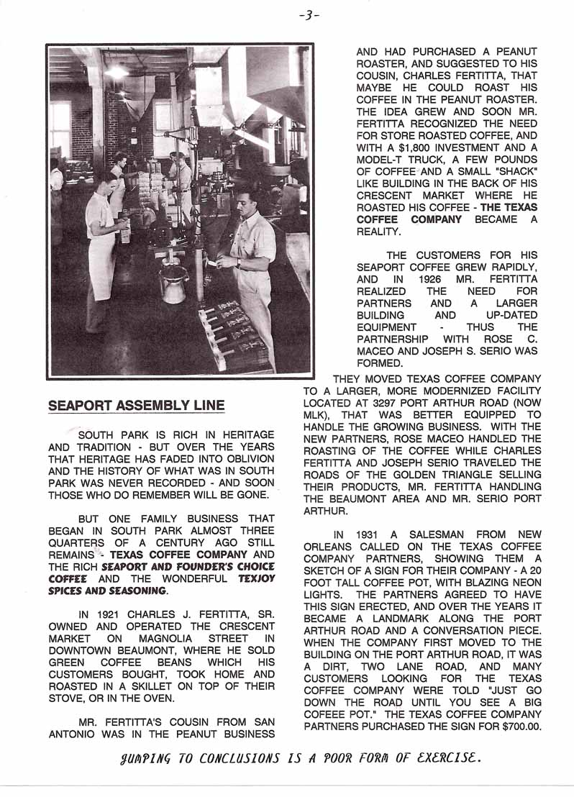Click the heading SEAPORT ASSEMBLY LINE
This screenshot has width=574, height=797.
(x=136, y=406)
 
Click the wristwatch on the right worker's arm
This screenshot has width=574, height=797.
(x=237, y=263)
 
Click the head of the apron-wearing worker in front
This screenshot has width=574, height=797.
(x=106, y=179)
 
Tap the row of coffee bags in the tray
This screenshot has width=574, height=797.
(x=232, y=331)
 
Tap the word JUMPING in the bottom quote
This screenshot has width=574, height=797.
(x=149, y=757)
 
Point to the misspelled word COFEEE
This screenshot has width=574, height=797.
(x=330, y=714)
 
